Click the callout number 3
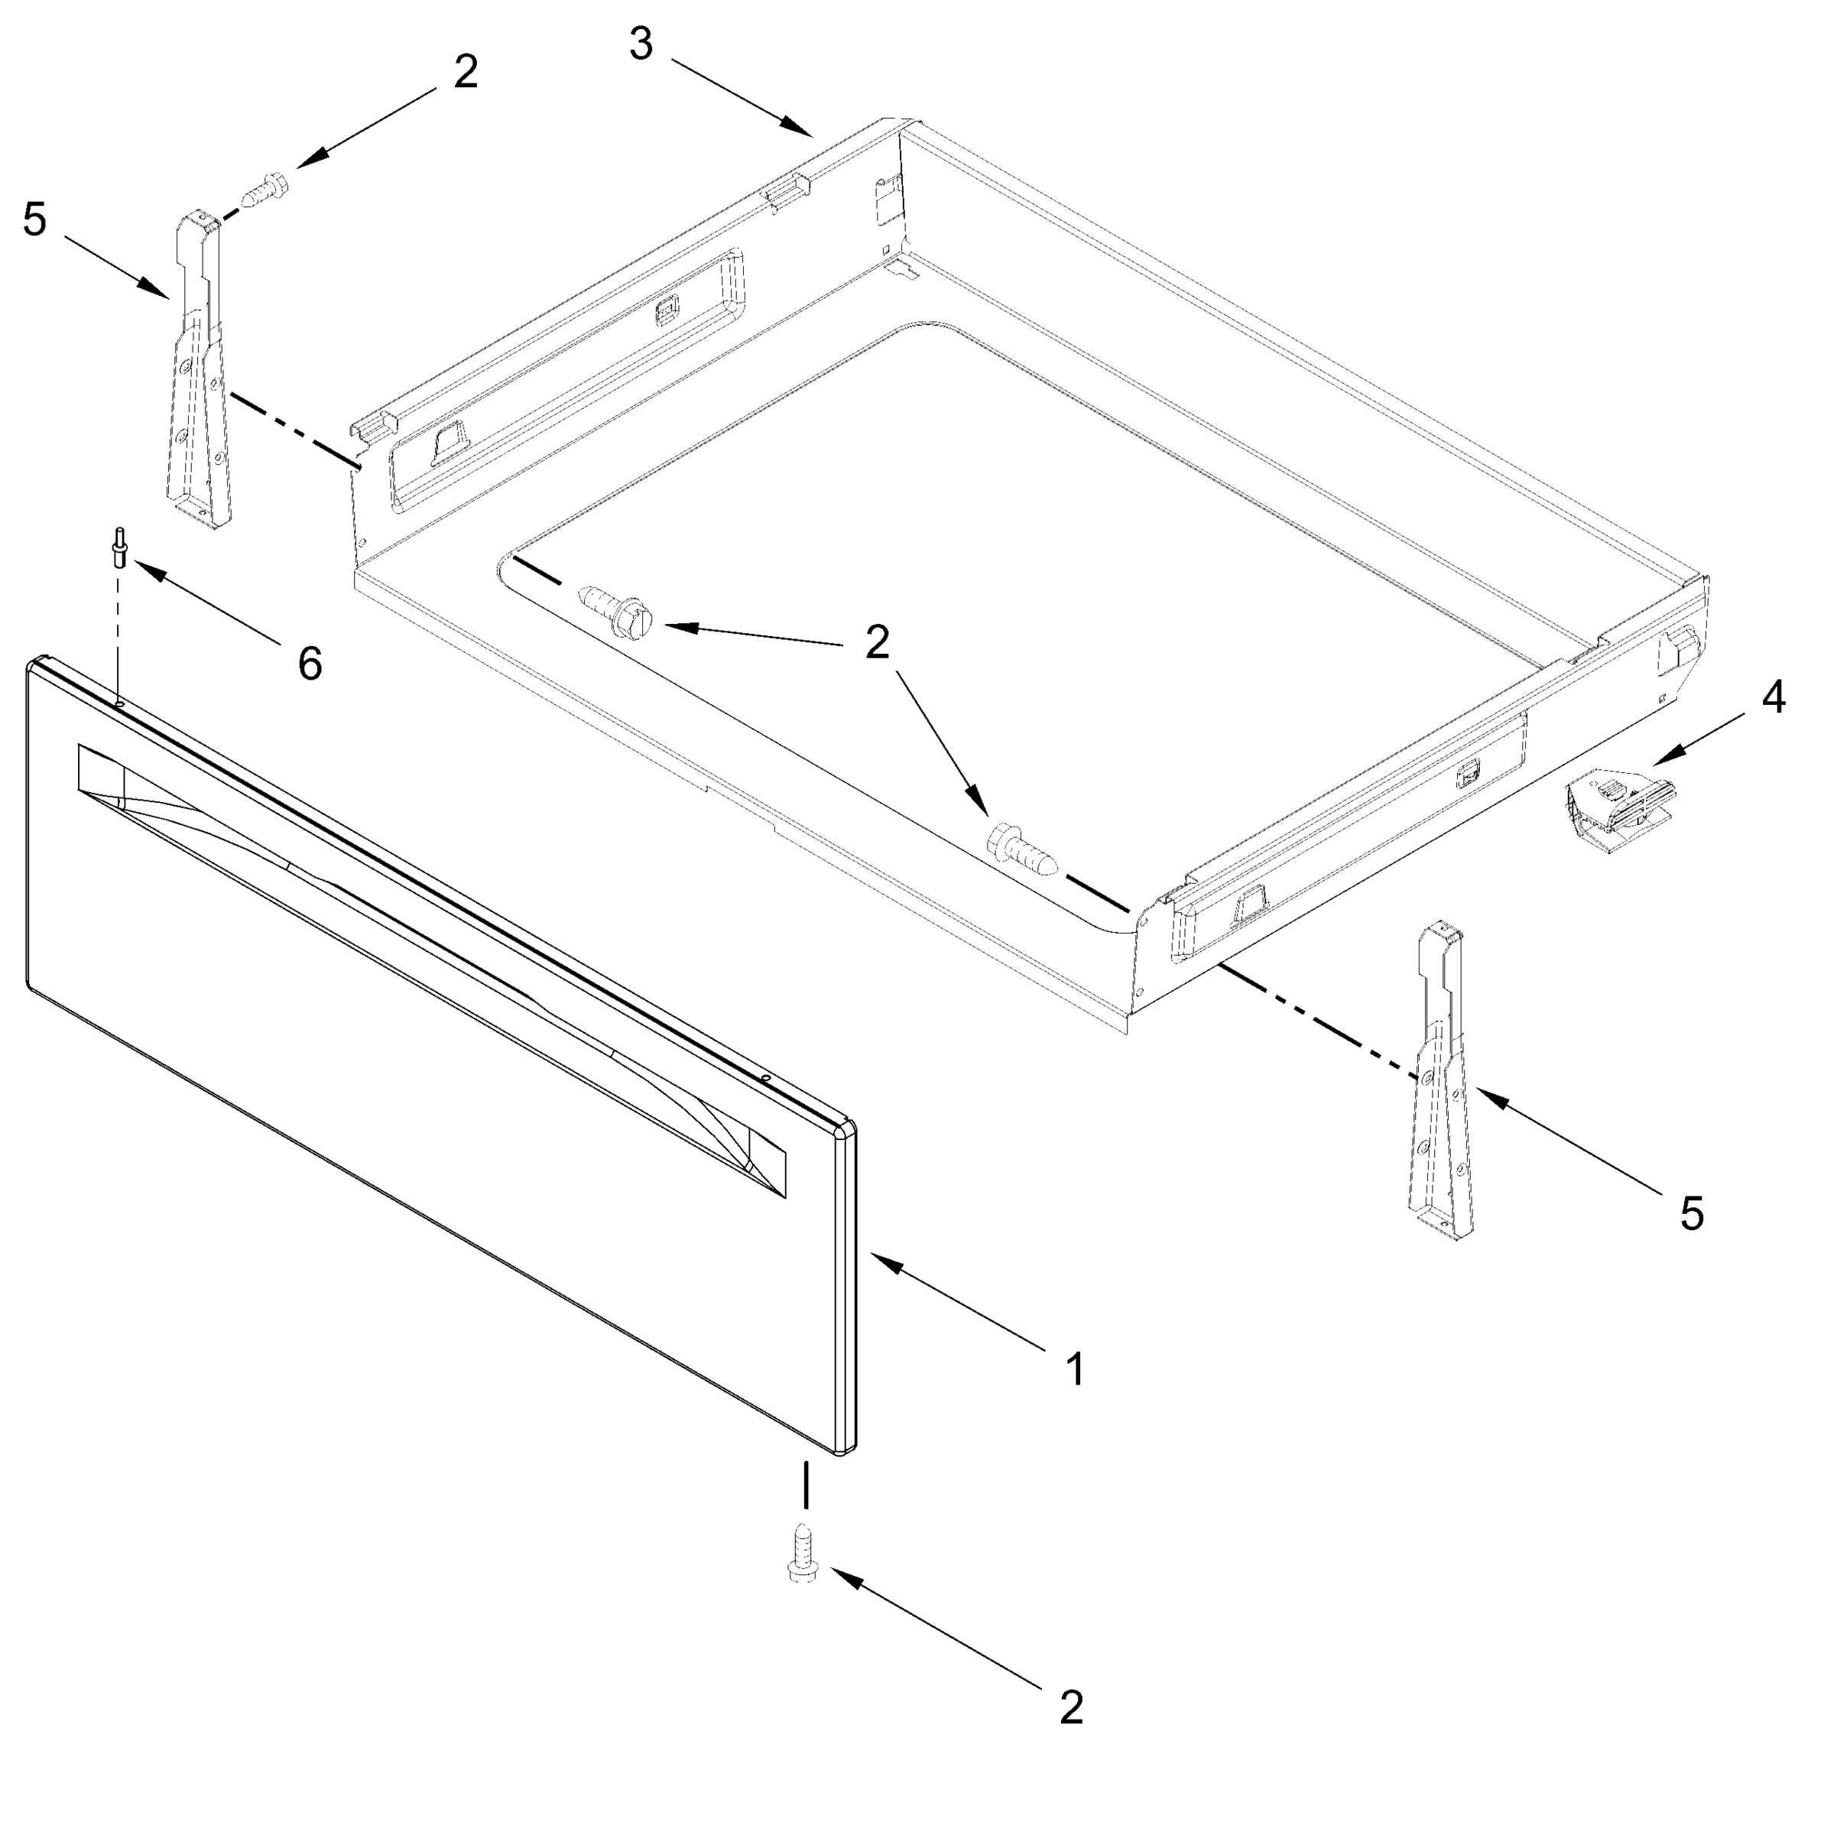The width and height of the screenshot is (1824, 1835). pyautogui.click(x=642, y=44)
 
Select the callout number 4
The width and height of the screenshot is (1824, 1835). pyautogui.click(x=1773, y=697)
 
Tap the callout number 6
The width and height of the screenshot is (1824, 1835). pyautogui.click(x=310, y=663)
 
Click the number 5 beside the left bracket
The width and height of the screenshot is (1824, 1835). pyautogui.click(x=35, y=220)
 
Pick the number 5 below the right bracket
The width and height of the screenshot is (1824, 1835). pyautogui.click(x=1692, y=1214)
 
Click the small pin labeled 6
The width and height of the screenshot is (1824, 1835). pyautogui.click(x=118, y=548)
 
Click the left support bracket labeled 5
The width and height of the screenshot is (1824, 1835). pyautogui.click(x=200, y=370)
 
